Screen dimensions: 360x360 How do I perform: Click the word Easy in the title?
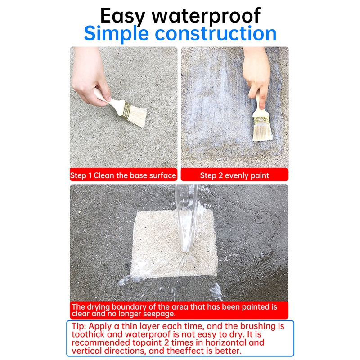[122, 16]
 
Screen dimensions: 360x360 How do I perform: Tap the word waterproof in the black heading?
[206, 16]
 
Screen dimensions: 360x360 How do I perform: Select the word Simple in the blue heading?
[117, 34]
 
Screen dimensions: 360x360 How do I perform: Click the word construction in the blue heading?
[216, 33]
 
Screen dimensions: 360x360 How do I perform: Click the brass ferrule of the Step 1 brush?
[126, 110]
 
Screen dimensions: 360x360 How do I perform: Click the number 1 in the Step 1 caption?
[90, 175]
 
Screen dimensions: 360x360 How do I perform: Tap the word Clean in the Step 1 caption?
[104, 175]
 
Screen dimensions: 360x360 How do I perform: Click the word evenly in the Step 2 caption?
[237, 175]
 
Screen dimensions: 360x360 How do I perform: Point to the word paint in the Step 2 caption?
[260, 175]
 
